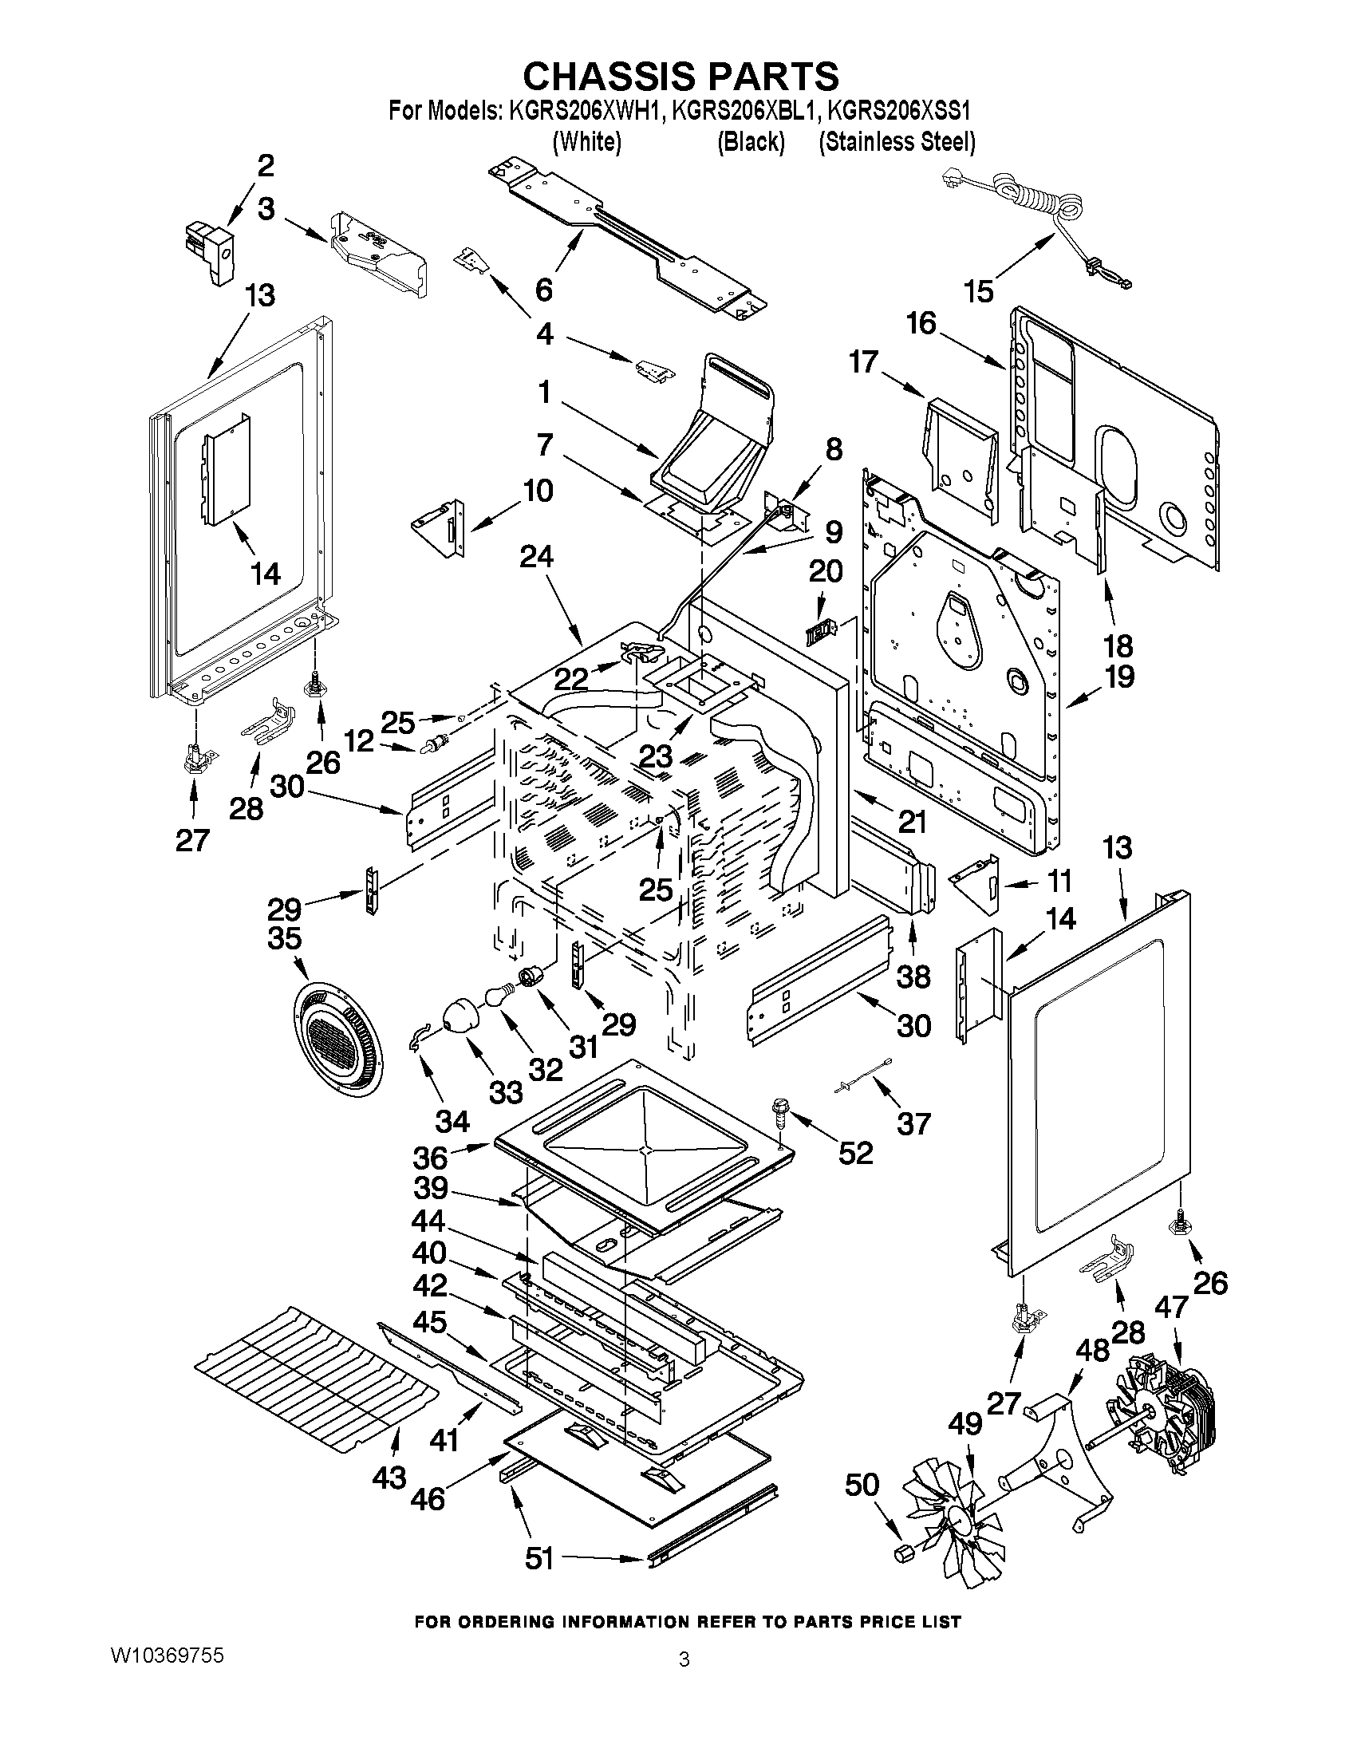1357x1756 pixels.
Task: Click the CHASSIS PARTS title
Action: tap(681, 77)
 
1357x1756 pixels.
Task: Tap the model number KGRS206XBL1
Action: tap(744, 110)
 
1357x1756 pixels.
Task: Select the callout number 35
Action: tap(285, 938)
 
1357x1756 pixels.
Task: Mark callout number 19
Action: tap(1118, 677)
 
